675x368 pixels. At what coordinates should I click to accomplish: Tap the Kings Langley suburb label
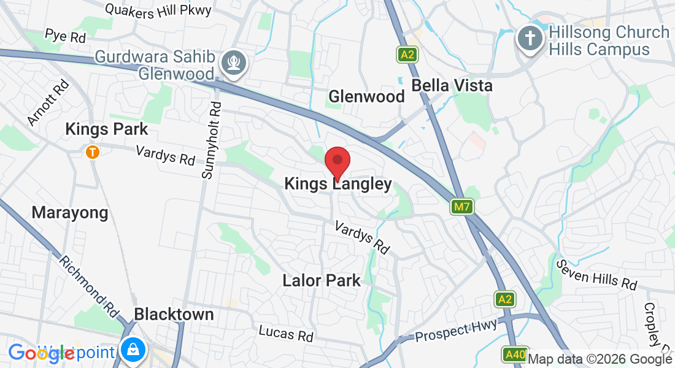pos(338,184)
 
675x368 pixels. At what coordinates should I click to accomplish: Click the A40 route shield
pos(514,355)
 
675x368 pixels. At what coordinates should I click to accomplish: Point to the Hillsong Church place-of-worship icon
pos(528,39)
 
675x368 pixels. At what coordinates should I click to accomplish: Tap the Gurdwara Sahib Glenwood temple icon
pos(234,63)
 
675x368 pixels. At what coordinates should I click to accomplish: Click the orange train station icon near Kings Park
pos(93,151)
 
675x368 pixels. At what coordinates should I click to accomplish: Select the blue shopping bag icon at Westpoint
pos(132,350)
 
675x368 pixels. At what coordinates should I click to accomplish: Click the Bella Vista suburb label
pos(452,85)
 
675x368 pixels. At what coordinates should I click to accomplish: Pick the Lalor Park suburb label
pos(322,281)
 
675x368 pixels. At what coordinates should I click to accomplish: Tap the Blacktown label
pos(174,315)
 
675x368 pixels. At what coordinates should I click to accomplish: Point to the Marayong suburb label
pos(70,213)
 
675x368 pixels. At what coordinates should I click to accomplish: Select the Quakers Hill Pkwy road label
pos(158,9)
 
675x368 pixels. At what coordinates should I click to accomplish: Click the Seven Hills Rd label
pos(597,275)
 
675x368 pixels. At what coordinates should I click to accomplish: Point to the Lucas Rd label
pos(286,334)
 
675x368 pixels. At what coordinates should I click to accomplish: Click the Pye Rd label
pos(65,36)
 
